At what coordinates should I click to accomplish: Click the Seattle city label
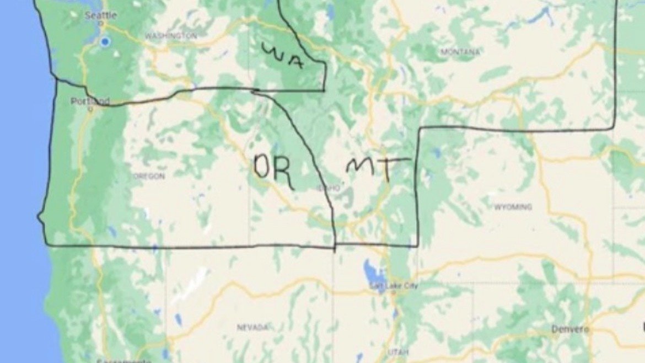click(x=101, y=15)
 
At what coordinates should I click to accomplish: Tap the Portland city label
click(x=90, y=102)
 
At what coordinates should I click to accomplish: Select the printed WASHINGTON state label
click(x=170, y=36)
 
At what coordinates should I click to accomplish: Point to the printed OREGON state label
click(x=149, y=176)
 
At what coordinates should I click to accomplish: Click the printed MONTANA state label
click(x=460, y=52)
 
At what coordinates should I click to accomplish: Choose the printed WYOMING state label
click(x=513, y=207)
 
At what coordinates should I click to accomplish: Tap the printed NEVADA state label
click(x=252, y=327)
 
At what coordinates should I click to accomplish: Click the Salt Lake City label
click(x=394, y=286)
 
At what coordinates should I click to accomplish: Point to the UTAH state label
click(x=398, y=352)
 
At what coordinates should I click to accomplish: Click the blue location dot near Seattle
click(x=105, y=41)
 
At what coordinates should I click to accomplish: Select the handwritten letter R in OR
click(x=283, y=173)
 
